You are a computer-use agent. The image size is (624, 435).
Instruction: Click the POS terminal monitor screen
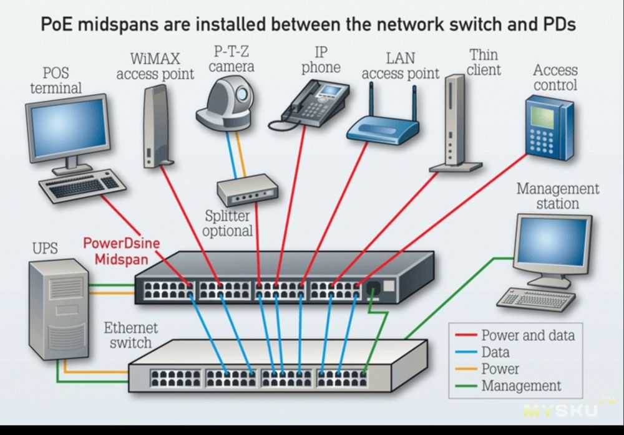coord(67,128)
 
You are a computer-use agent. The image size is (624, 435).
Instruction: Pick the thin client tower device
coord(454,122)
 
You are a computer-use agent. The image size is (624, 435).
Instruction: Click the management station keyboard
coord(537,300)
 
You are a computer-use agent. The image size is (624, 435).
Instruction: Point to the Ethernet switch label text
coord(130,335)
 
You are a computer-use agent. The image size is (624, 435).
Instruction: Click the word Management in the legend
coord(521,386)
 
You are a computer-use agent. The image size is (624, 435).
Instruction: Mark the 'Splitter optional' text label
coord(228,223)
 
